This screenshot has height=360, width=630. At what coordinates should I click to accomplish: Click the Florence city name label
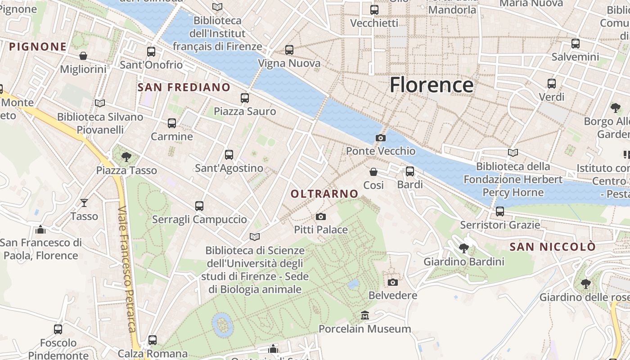pyautogui.click(x=431, y=85)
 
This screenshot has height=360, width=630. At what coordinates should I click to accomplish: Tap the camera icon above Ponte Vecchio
pyautogui.click(x=381, y=138)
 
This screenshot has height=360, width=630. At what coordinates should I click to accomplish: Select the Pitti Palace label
pyautogui.click(x=321, y=229)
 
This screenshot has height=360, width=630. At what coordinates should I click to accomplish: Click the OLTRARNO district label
pyautogui.click(x=324, y=194)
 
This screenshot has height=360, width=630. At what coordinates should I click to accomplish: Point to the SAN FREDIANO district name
pyautogui.click(x=184, y=87)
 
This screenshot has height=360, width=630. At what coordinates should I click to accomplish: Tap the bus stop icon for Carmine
pyautogui.click(x=172, y=123)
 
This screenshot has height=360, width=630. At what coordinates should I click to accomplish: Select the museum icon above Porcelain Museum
pyautogui.click(x=365, y=315)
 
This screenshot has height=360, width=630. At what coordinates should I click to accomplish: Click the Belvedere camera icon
pyautogui.click(x=393, y=282)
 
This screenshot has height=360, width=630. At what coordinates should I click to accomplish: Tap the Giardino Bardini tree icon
pyautogui.click(x=464, y=248)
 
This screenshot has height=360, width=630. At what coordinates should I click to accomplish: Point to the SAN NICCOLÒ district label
pyautogui.click(x=553, y=247)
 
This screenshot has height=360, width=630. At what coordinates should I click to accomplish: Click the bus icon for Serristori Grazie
pyautogui.click(x=500, y=211)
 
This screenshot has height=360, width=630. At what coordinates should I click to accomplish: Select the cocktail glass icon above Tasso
pyautogui.click(x=84, y=203)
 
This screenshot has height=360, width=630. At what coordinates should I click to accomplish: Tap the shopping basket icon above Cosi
pyautogui.click(x=373, y=171)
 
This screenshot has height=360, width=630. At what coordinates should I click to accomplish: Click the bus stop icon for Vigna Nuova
pyautogui.click(x=289, y=50)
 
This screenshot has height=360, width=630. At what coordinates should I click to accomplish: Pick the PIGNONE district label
pyautogui.click(x=38, y=47)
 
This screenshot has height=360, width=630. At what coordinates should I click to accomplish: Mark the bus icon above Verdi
pyautogui.click(x=552, y=83)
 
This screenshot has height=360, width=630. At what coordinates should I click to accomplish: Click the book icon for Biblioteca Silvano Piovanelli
pyautogui.click(x=100, y=103)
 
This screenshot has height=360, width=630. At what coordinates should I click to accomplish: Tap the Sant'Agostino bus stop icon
pyautogui.click(x=229, y=155)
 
